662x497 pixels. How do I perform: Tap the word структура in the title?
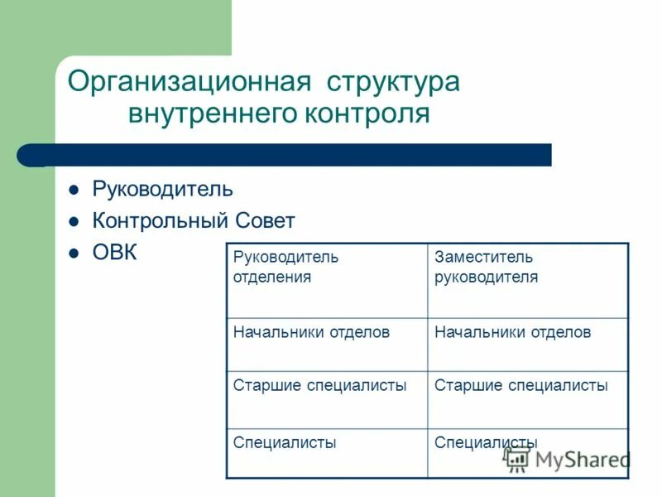click(x=393, y=83)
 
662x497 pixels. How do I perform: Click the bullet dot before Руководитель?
click(x=73, y=190)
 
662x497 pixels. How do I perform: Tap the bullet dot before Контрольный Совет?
click(x=73, y=222)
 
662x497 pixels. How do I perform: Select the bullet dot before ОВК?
click(x=73, y=253)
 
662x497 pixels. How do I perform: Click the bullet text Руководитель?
click(x=162, y=190)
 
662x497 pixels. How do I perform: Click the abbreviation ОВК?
click(x=114, y=253)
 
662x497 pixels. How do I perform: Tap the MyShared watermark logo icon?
click(x=518, y=458)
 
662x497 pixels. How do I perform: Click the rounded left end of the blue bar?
click(x=26, y=155)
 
